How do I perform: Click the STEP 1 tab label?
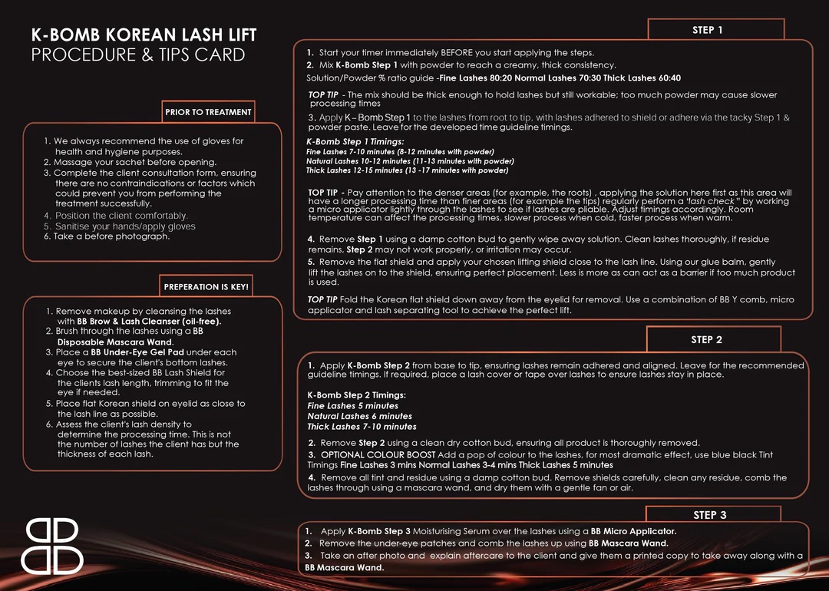pos(707,30)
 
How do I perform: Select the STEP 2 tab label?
pos(706,339)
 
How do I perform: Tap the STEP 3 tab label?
pos(709,515)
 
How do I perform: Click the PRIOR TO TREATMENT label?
pos(208,112)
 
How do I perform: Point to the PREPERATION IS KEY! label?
pos(206,287)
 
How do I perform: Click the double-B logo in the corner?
pos(52,546)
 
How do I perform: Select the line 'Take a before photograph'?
pos(107,236)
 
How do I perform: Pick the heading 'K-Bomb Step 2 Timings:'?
pos(356,395)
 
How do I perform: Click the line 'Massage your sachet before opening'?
pos(130,163)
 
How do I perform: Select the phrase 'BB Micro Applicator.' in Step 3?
pos(633,531)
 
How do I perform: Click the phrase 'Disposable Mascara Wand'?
pos(114,342)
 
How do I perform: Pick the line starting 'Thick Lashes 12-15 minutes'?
pos(407,170)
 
